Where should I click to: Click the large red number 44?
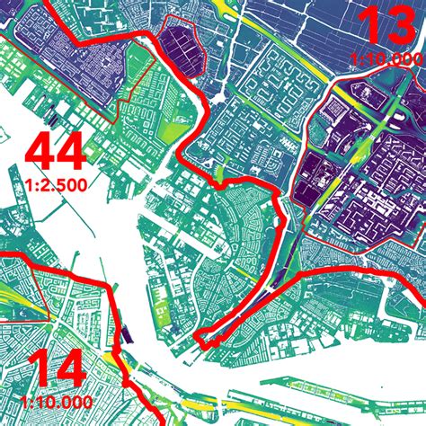58,153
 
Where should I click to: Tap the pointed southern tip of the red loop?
205,342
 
